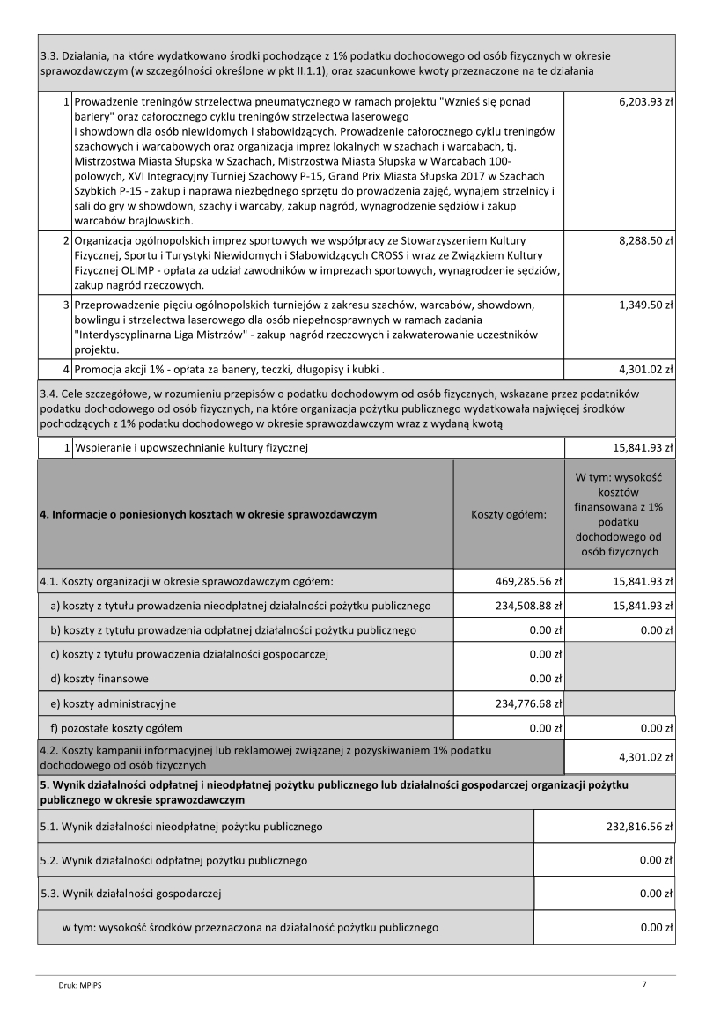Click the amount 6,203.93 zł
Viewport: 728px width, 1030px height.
(645, 102)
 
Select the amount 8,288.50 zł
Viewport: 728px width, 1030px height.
(645, 239)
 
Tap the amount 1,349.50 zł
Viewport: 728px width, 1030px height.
(645, 305)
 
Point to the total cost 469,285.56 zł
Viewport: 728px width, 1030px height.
(523, 581)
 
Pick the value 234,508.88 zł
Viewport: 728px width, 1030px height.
(523, 606)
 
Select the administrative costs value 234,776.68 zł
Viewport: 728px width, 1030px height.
(523, 703)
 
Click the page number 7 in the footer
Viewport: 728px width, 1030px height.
(645, 984)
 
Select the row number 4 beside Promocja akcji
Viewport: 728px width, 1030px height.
(66, 370)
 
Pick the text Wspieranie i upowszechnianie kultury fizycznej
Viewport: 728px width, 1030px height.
(190, 449)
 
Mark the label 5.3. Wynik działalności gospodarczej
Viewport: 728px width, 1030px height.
(130, 894)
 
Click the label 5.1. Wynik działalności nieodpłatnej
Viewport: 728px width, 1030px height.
(181, 827)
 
